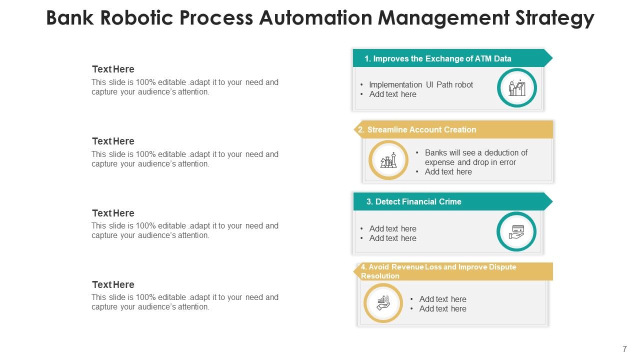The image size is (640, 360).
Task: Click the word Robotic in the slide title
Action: click(x=134, y=18)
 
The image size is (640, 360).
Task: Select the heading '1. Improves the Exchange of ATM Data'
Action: click(x=437, y=58)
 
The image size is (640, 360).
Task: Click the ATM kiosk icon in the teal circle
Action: click(x=516, y=88)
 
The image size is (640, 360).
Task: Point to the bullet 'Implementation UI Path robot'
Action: click(x=421, y=84)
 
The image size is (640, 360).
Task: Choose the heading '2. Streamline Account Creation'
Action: click(x=421, y=129)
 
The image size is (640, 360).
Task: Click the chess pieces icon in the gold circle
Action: click(x=388, y=160)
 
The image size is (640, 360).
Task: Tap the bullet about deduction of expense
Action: click(x=475, y=157)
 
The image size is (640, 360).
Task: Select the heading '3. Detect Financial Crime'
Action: click(x=418, y=201)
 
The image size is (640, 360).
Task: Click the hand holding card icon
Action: click(x=516, y=231)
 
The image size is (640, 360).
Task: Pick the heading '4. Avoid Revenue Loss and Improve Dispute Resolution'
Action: click(x=438, y=271)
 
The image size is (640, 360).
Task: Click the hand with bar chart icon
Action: click(x=383, y=302)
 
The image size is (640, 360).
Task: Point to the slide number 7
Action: click(x=624, y=349)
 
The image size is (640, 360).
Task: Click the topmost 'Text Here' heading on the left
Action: click(x=113, y=69)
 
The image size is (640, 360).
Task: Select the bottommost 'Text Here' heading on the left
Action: click(x=113, y=284)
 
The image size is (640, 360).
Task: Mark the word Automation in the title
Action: click(x=315, y=18)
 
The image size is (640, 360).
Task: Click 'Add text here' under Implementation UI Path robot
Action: click(x=392, y=94)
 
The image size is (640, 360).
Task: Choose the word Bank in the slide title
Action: click(x=70, y=18)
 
